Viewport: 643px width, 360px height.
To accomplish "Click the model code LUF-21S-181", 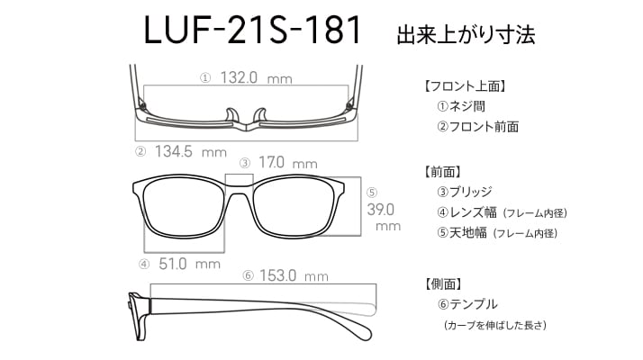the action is coord(252,30).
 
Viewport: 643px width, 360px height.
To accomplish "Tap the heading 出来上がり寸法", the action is coord(466,35).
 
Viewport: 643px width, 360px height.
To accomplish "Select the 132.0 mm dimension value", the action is coord(257,77).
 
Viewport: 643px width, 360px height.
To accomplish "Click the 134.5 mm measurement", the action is coord(191,152).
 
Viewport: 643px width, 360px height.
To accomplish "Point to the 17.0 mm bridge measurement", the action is coord(288,163).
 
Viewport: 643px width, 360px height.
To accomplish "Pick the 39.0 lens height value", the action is coord(381,210).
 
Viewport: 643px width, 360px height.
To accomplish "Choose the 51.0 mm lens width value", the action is coord(189,264).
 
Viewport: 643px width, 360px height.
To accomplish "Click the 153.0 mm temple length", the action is coord(294,275).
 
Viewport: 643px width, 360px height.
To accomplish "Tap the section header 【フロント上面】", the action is coord(464,86).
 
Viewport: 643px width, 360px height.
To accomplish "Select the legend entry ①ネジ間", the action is coord(461,106).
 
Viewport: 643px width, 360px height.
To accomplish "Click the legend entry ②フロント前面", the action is coord(477,126).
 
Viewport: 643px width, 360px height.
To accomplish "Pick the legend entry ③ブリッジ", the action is coord(464,192).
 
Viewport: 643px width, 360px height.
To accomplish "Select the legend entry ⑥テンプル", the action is coord(467,304).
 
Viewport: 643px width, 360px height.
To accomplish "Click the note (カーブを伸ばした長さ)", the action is coord(495,325).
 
